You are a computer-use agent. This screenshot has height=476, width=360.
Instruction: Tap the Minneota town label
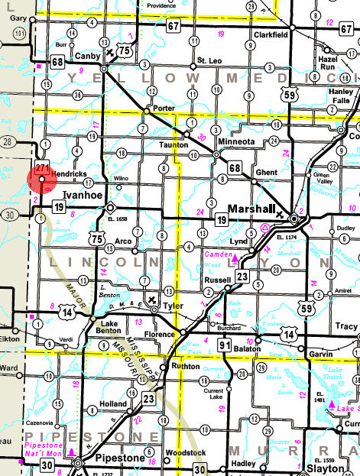coord(238,141)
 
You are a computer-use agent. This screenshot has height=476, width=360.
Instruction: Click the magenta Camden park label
coord(219,252)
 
